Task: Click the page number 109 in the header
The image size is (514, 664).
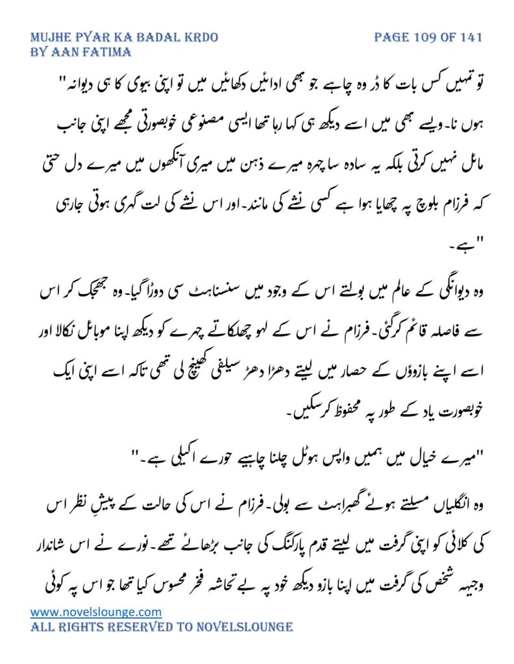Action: coord(426,37)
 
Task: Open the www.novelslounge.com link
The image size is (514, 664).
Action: coord(96,611)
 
